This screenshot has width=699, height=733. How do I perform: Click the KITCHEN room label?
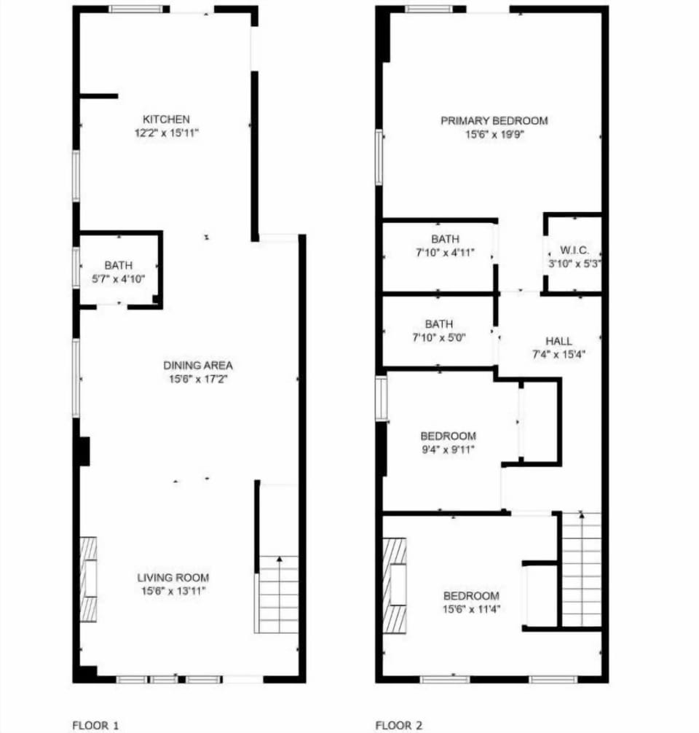point(166,119)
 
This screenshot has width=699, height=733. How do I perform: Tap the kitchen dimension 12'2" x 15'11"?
point(166,133)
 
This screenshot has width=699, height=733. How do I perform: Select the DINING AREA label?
point(197,366)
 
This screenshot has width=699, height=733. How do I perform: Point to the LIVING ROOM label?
point(173,578)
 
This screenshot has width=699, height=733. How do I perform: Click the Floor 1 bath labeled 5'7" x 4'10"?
point(118,271)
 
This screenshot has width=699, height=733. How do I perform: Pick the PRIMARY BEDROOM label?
point(494,121)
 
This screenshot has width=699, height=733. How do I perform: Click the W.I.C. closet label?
point(574,250)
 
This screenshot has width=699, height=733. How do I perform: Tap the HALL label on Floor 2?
point(558,341)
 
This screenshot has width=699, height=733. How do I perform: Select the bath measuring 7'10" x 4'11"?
point(445,246)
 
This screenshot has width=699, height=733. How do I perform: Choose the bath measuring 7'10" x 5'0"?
point(439,330)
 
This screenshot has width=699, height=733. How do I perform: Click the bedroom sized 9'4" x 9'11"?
point(448,442)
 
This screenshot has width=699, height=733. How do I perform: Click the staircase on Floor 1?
point(278,594)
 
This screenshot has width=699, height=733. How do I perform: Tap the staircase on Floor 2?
point(582,568)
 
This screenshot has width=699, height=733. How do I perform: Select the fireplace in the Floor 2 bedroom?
point(395,585)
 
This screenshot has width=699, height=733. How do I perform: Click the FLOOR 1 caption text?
point(95,725)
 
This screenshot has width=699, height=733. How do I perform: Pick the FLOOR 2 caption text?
point(398,725)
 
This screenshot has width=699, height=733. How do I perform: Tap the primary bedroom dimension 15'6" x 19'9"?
point(494,134)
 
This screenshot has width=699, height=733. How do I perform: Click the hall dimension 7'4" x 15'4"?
point(558,354)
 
